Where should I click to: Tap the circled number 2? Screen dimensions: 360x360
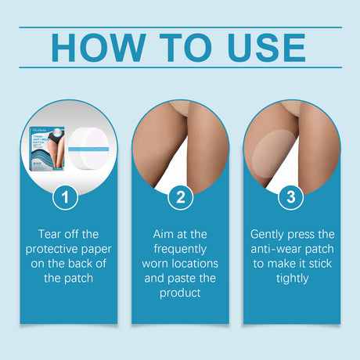pos(180,197)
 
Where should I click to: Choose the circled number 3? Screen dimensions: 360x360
pos(292,197)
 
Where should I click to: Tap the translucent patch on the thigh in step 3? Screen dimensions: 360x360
pos(268,155)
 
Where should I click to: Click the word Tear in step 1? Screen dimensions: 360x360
pos(50,234)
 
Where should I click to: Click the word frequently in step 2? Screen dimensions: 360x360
pos(179,249)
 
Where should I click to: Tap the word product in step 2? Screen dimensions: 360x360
pos(179,293)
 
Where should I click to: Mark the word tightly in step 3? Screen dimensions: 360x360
pos(292,279)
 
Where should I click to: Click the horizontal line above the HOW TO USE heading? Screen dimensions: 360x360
pos(180,28)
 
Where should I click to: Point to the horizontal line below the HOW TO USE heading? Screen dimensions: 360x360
pos(180,67)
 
